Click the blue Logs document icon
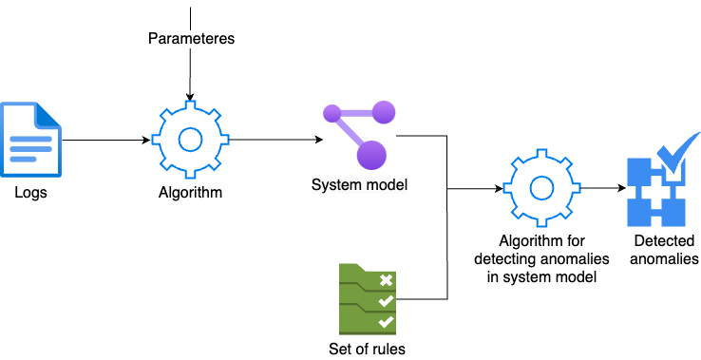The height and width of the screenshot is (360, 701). pos(30,140)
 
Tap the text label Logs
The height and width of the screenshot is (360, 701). pos(30,193)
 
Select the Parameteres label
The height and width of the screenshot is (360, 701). pos(191,39)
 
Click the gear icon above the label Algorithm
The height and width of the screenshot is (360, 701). pos(190,140)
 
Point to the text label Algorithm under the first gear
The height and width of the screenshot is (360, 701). pos(190,193)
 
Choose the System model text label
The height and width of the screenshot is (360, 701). pos(359,183)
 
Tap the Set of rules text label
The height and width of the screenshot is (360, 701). pos(368,349)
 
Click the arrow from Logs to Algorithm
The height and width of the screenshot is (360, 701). pos(104,140)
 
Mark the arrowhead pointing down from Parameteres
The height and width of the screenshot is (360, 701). pos(190,97)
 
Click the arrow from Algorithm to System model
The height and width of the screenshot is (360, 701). pos(275,140)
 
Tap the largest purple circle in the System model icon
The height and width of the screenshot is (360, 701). pos(371,153)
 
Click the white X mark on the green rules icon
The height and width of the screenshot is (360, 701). pos(386,279)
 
